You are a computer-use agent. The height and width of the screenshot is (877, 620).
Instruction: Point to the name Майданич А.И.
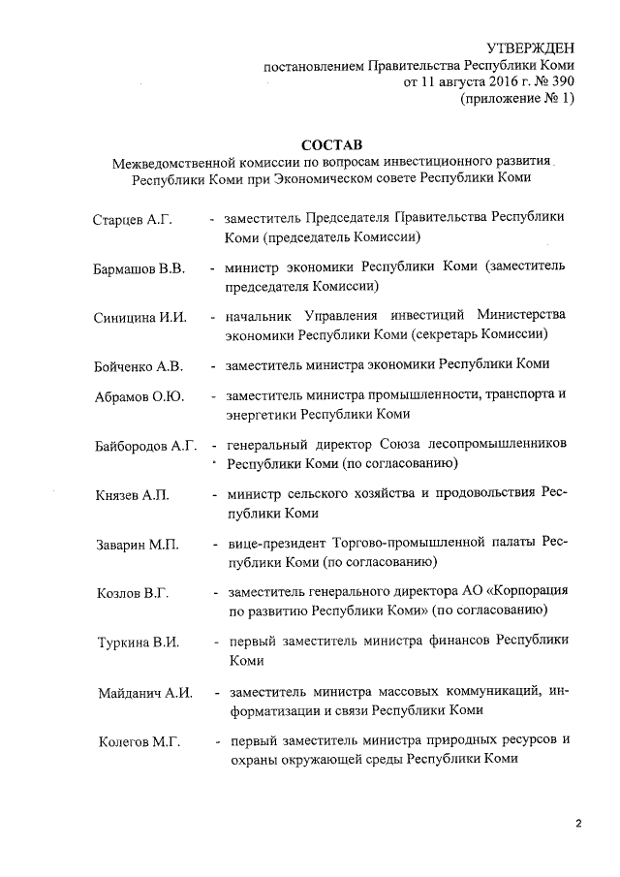145,693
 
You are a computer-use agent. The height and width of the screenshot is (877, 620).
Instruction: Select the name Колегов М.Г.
139,743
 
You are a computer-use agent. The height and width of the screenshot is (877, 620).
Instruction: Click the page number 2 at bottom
577,824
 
